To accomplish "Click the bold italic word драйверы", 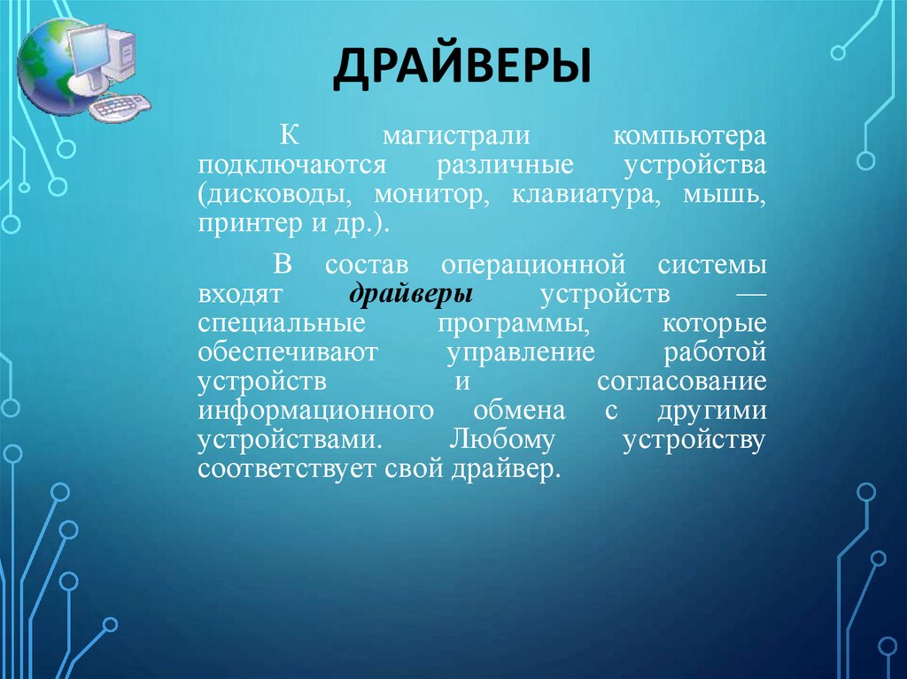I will click(411, 294).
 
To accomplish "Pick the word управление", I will click(521, 353).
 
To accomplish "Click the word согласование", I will click(680, 382).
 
